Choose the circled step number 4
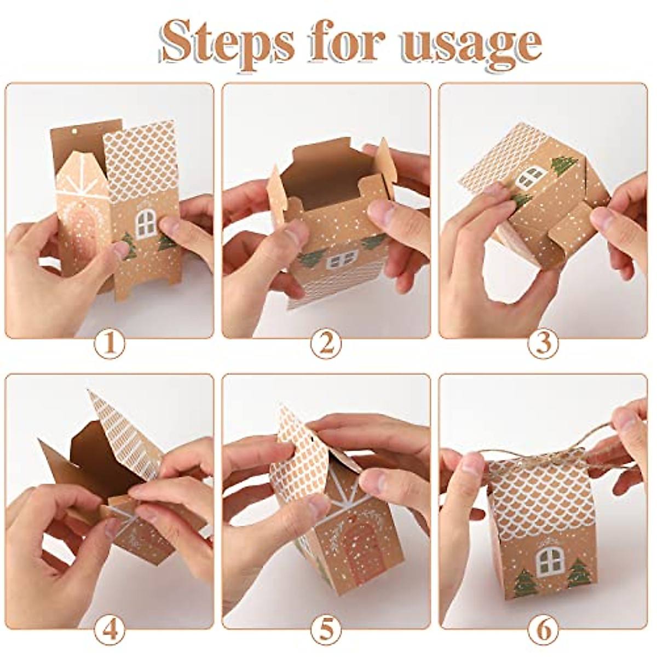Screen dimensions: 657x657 click(109, 631)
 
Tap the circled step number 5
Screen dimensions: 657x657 click(326, 631)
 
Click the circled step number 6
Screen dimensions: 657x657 click(543, 631)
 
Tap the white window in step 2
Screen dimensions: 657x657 click(342, 259)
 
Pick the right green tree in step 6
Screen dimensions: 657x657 click(578, 572)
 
